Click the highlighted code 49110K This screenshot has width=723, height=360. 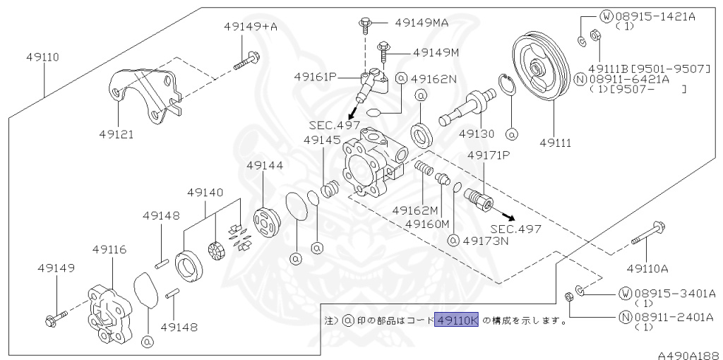457,320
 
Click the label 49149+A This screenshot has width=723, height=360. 251,27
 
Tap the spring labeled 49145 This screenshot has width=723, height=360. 328,190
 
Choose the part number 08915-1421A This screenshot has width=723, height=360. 655,15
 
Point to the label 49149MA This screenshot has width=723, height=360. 421,22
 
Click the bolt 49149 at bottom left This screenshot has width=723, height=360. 54,318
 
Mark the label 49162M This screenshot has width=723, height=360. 415,210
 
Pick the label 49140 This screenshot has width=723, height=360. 205,192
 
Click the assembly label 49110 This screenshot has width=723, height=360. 43,56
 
